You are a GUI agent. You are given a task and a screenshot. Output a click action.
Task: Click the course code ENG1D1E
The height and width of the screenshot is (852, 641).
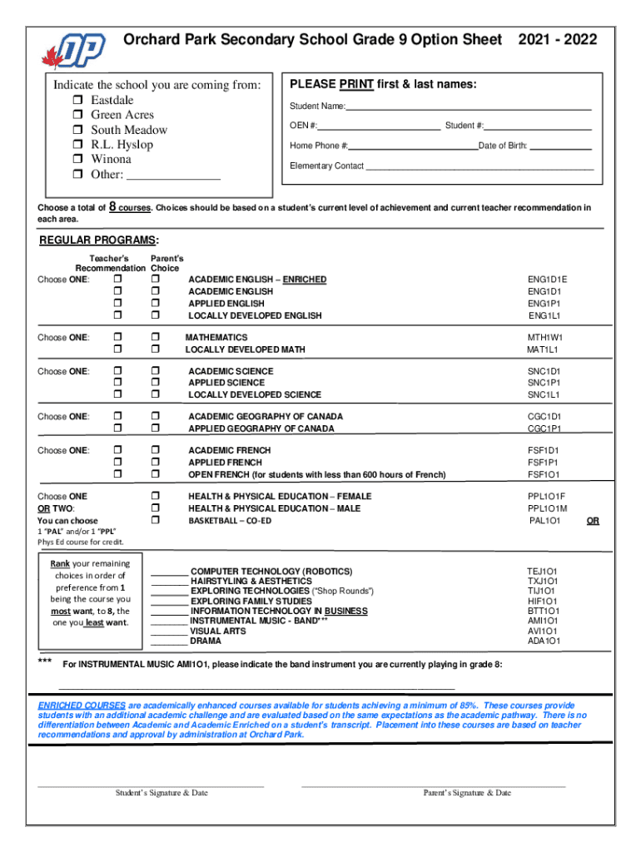548,280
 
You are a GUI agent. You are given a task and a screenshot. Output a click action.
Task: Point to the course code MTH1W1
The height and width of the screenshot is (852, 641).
545,338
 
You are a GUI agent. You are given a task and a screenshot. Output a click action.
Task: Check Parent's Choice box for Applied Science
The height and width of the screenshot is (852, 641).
155,383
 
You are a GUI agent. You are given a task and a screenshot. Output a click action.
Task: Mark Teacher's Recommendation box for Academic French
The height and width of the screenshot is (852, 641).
117,450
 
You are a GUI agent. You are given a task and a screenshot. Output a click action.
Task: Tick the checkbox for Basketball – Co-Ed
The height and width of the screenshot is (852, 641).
155,520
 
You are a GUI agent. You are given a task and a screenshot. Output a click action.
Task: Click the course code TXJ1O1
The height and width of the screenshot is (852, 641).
543,582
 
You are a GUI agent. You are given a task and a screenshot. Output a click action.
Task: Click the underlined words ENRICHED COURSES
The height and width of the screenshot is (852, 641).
82,705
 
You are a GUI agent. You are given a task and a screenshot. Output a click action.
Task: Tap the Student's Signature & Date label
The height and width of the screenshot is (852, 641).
161,793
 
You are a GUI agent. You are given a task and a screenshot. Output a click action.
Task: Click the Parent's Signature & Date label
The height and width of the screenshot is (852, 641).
467,793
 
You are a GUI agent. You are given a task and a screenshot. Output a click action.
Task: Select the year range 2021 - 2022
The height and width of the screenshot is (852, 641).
558,40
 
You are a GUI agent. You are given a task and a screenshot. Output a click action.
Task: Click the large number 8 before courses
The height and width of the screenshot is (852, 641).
113,207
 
